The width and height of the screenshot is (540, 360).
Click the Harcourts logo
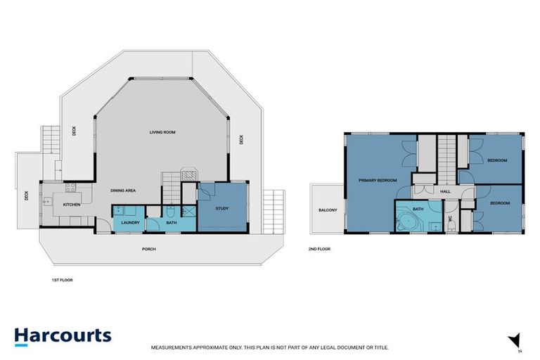coord(63,335)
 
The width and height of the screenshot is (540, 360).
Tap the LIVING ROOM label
coord(161,132)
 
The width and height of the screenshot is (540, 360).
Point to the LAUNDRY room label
coord(131,223)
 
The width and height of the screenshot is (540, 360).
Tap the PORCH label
coord(148,249)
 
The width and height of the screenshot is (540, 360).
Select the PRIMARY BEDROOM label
coord(378,181)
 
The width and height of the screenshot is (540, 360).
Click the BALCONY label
coord(328,210)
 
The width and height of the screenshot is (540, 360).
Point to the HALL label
coord(445,191)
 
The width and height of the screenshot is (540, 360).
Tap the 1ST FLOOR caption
coord(63,280)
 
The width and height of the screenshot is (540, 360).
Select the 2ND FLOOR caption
coord(319,249)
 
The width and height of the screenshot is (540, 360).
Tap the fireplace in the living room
coord(188,173)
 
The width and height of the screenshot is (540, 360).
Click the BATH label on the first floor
coord(172,223)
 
